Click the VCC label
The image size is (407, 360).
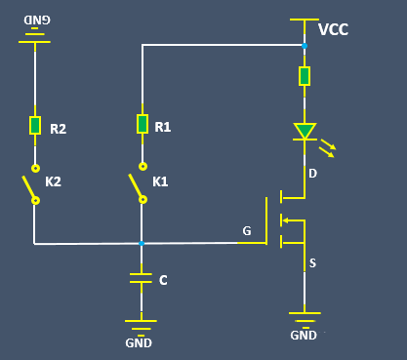pyautogui.click(x=333, y=30)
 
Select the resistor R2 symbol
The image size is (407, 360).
pyautogui.click(x=35, y=124)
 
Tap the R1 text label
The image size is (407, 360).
pyautogui.click(x=162, y=127)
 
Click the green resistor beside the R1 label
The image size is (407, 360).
pyautogui.click(x=142, y=124)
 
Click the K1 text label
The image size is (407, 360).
pyautogui.click(x=160, y=181)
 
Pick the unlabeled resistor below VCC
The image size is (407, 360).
pyautogui.click(x=305, y=75)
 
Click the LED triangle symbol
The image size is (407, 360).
pyautogui.click(x=305, y=132)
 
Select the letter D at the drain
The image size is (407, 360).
pyautogui.click(x=312, y=174)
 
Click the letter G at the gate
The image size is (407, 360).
pyautogui.click(x=247, y=231)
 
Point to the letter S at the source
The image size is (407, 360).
pyautogui.click(x=312, y=262)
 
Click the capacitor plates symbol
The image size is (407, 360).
pyautogui.click(x=142, y=279)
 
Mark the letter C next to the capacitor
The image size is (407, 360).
pyautogui.click(x=163, y=281)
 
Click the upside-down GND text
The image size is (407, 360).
pyautogui.click(x=36, y=20)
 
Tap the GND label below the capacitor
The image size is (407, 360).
pyautogui.click(x=139, y=342)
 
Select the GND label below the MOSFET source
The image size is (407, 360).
pyautogui.click(x=304, y=336)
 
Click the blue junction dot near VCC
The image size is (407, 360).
pyautogui.click(x=305, y=45)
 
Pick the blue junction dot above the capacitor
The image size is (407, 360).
pyautogui.click(x=142, y=243)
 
